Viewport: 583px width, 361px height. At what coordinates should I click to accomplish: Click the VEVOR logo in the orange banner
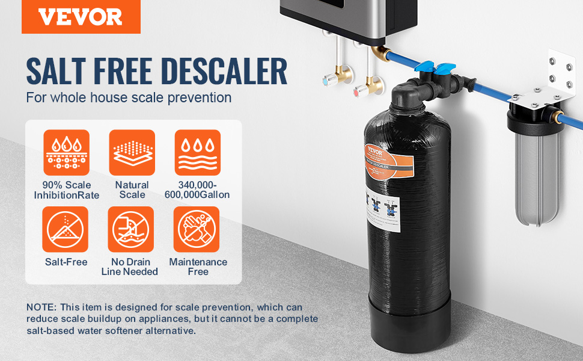(x=81, y=17)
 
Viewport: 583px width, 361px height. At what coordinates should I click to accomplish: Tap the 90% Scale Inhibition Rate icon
(x=66, y=152)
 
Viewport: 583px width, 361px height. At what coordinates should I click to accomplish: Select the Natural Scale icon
(x=132, y=152)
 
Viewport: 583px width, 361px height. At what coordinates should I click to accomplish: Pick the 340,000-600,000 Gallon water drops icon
(x=197, y=152)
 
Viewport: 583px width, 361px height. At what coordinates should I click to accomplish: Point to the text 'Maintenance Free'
(x=198, y=267)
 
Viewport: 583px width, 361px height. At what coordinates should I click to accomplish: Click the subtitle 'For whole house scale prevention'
(x=129, y=97)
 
